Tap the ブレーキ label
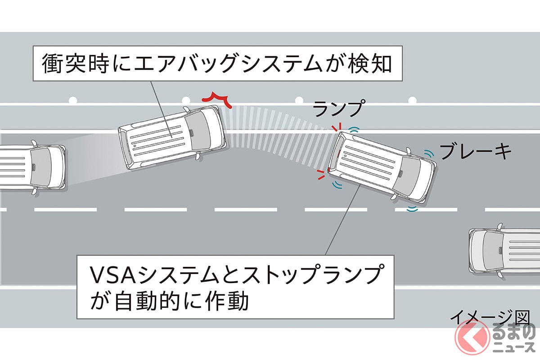pos(475,152)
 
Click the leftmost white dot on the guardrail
pos(72,98)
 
